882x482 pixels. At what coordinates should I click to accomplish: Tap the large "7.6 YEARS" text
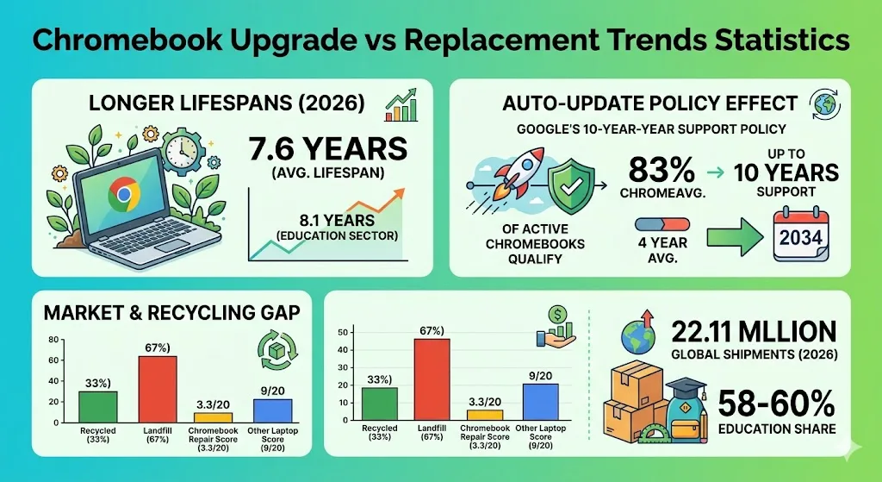327,149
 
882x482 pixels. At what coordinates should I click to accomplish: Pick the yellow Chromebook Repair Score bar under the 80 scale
213,417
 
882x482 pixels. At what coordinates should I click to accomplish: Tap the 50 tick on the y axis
342,332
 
